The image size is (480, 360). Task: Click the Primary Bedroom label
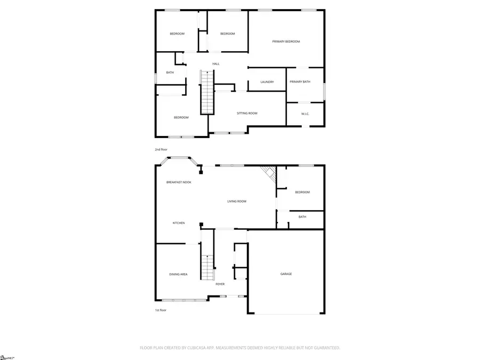coord(286,42)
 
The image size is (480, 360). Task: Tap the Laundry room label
coord(267,82)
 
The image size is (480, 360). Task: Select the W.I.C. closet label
coord(305,114)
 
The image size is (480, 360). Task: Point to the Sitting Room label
coord(247,113)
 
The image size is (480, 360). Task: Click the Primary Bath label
coord(299,82)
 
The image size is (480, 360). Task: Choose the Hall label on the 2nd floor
coord(215,64)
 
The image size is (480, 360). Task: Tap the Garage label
coord(286,274)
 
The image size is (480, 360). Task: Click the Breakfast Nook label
coord(179,182)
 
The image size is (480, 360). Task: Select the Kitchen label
coord(178,223)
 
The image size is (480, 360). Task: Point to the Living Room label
coord(237,201)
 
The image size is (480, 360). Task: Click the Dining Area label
coord(178,274)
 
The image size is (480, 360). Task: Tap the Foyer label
coord(220,284)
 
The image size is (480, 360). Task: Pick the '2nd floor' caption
coord(161,149)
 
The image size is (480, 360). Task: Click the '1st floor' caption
coord(161,310)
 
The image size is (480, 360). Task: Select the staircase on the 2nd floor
coord(207,92)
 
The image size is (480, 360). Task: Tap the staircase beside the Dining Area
coord(207,267)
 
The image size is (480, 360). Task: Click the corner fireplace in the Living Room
coord(269,173)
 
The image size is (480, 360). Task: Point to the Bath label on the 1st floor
coord(302,217)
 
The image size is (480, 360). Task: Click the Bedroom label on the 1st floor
coord(302,192)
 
